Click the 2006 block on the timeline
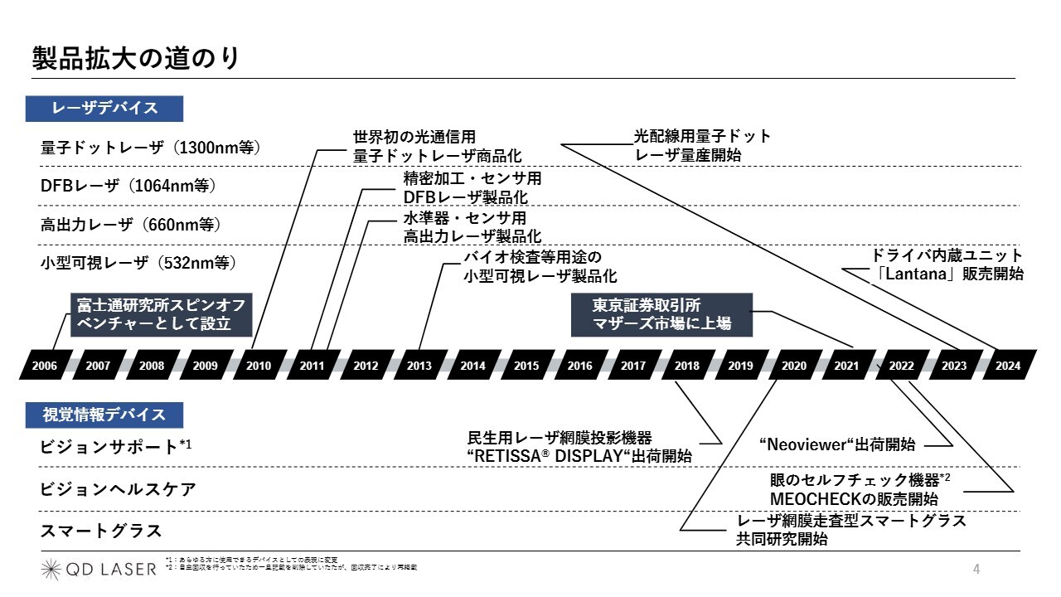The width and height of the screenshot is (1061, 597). [x=45, y=365]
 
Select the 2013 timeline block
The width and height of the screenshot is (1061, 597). [x=419, y=365]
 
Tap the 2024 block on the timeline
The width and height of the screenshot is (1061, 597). [x=1008, y=365]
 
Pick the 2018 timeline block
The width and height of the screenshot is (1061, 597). [x=687, y=365]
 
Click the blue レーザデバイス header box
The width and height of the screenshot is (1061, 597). [x=104, y=109]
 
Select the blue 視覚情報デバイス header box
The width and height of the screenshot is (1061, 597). [x=104, y=415]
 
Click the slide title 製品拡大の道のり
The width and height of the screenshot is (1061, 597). [x=136, y=58]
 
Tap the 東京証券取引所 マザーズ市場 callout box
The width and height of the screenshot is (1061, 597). [x=661, y=314]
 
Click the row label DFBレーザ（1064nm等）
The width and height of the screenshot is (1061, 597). [x=128, y=186]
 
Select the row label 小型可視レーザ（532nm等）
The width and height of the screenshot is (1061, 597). [x=139, y=263]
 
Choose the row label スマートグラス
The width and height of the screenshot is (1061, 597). [x=101, y=531]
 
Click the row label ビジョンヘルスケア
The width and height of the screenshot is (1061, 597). [x=119, y=488]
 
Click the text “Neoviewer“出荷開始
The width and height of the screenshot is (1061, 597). [x=837, y=444]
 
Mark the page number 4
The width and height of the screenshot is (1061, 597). [x=976, y=569]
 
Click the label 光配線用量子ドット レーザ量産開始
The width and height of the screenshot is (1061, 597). [x=702, y=145]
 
